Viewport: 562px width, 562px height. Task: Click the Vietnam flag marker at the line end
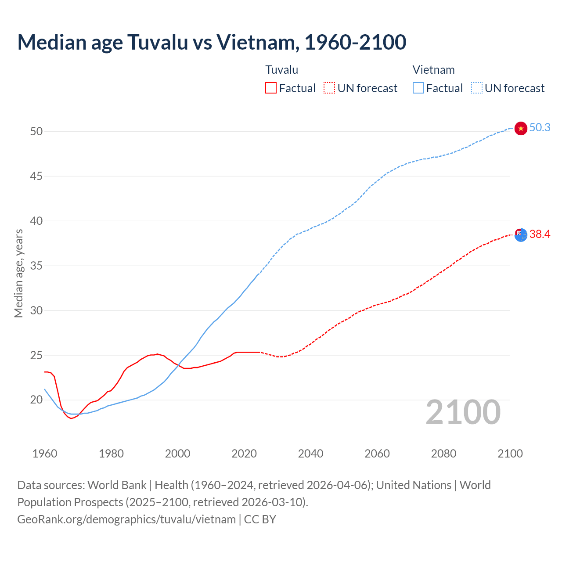click(x=521, y=128)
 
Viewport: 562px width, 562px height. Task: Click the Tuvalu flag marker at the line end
click(x=521, y=235)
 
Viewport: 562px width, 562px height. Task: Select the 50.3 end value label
click(x=540, y=128)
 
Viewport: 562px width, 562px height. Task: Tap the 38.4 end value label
click(x=540, y=234)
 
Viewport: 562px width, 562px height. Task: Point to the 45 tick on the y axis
click(x=36, y=177)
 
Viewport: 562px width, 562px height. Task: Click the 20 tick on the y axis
click(x=36, y=400)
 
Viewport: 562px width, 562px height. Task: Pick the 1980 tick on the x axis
click(x=111, y=454)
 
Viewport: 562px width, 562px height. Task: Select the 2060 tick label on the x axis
click(x=377, y=454)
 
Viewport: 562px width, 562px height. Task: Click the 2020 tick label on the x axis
click(x=244, y=454)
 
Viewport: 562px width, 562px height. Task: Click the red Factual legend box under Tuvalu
click(x=271, y=88)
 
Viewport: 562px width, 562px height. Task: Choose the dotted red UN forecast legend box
click(x=329, y=88)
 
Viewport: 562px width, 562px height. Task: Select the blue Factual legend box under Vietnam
click(x=418, y=88)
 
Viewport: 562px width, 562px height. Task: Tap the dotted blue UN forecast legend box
click(x=477, y=88)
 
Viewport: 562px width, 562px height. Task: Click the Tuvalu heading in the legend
click(x=282, y=70)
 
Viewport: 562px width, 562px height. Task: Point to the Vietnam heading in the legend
click(x=433, y=70)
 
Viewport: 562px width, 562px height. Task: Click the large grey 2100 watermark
click(x=463, y=412)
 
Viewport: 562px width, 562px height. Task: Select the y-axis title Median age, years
click(x=19, y=273)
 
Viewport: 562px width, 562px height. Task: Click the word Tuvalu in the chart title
click(x=157, y=42)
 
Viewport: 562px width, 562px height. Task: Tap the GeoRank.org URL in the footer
click(x=126, y=519)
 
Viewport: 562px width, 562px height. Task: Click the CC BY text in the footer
click(x=260, y=519)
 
